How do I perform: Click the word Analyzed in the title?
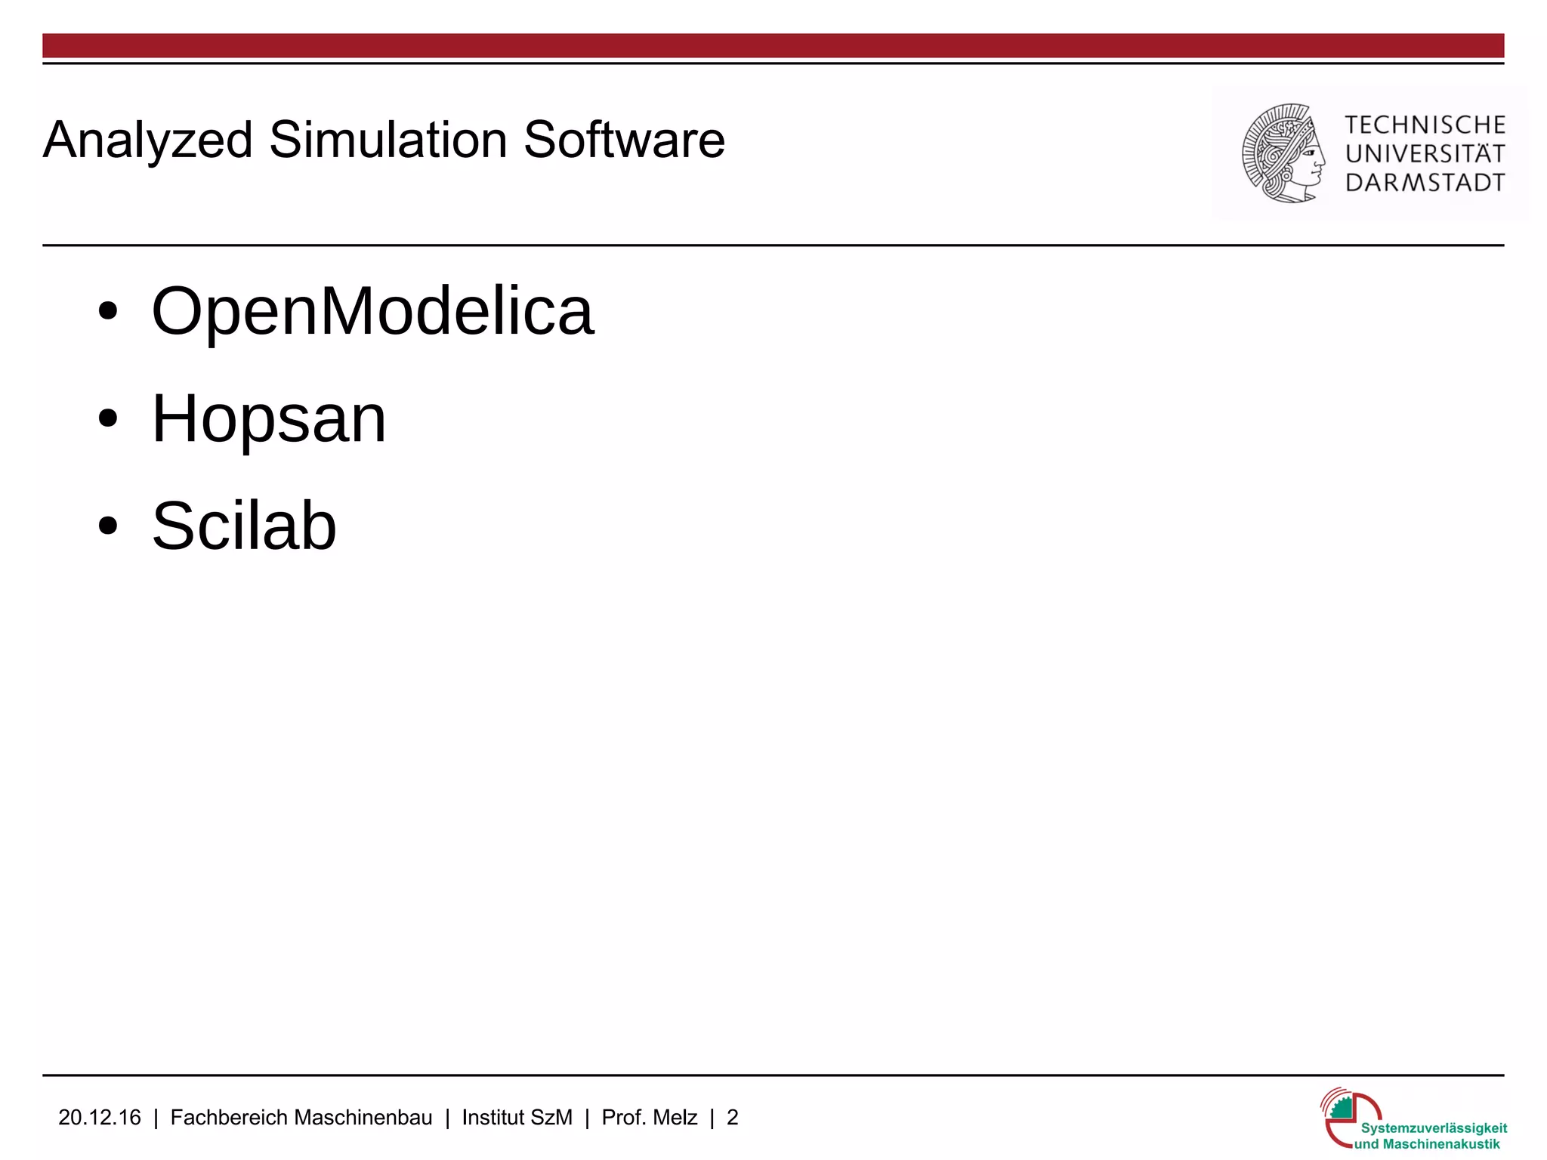point(148,141)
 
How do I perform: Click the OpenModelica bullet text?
point(373,311)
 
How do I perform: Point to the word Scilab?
point(244,526)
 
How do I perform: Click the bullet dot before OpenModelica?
point(108,311)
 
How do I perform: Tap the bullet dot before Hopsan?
point(108,418)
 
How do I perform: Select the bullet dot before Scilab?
point(108,526)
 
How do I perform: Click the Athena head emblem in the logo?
point(1283,153)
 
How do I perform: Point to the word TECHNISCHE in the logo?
point(1425,125)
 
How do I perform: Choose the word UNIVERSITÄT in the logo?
point(1425,153)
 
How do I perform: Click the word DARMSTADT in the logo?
point(1425,183)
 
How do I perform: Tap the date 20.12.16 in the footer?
point(100,1118)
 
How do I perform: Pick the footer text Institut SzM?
point(517,1118)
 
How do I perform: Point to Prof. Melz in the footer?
point(650,1118)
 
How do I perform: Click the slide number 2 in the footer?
point(732,1118)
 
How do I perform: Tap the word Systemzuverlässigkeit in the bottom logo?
point(1434,1128)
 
